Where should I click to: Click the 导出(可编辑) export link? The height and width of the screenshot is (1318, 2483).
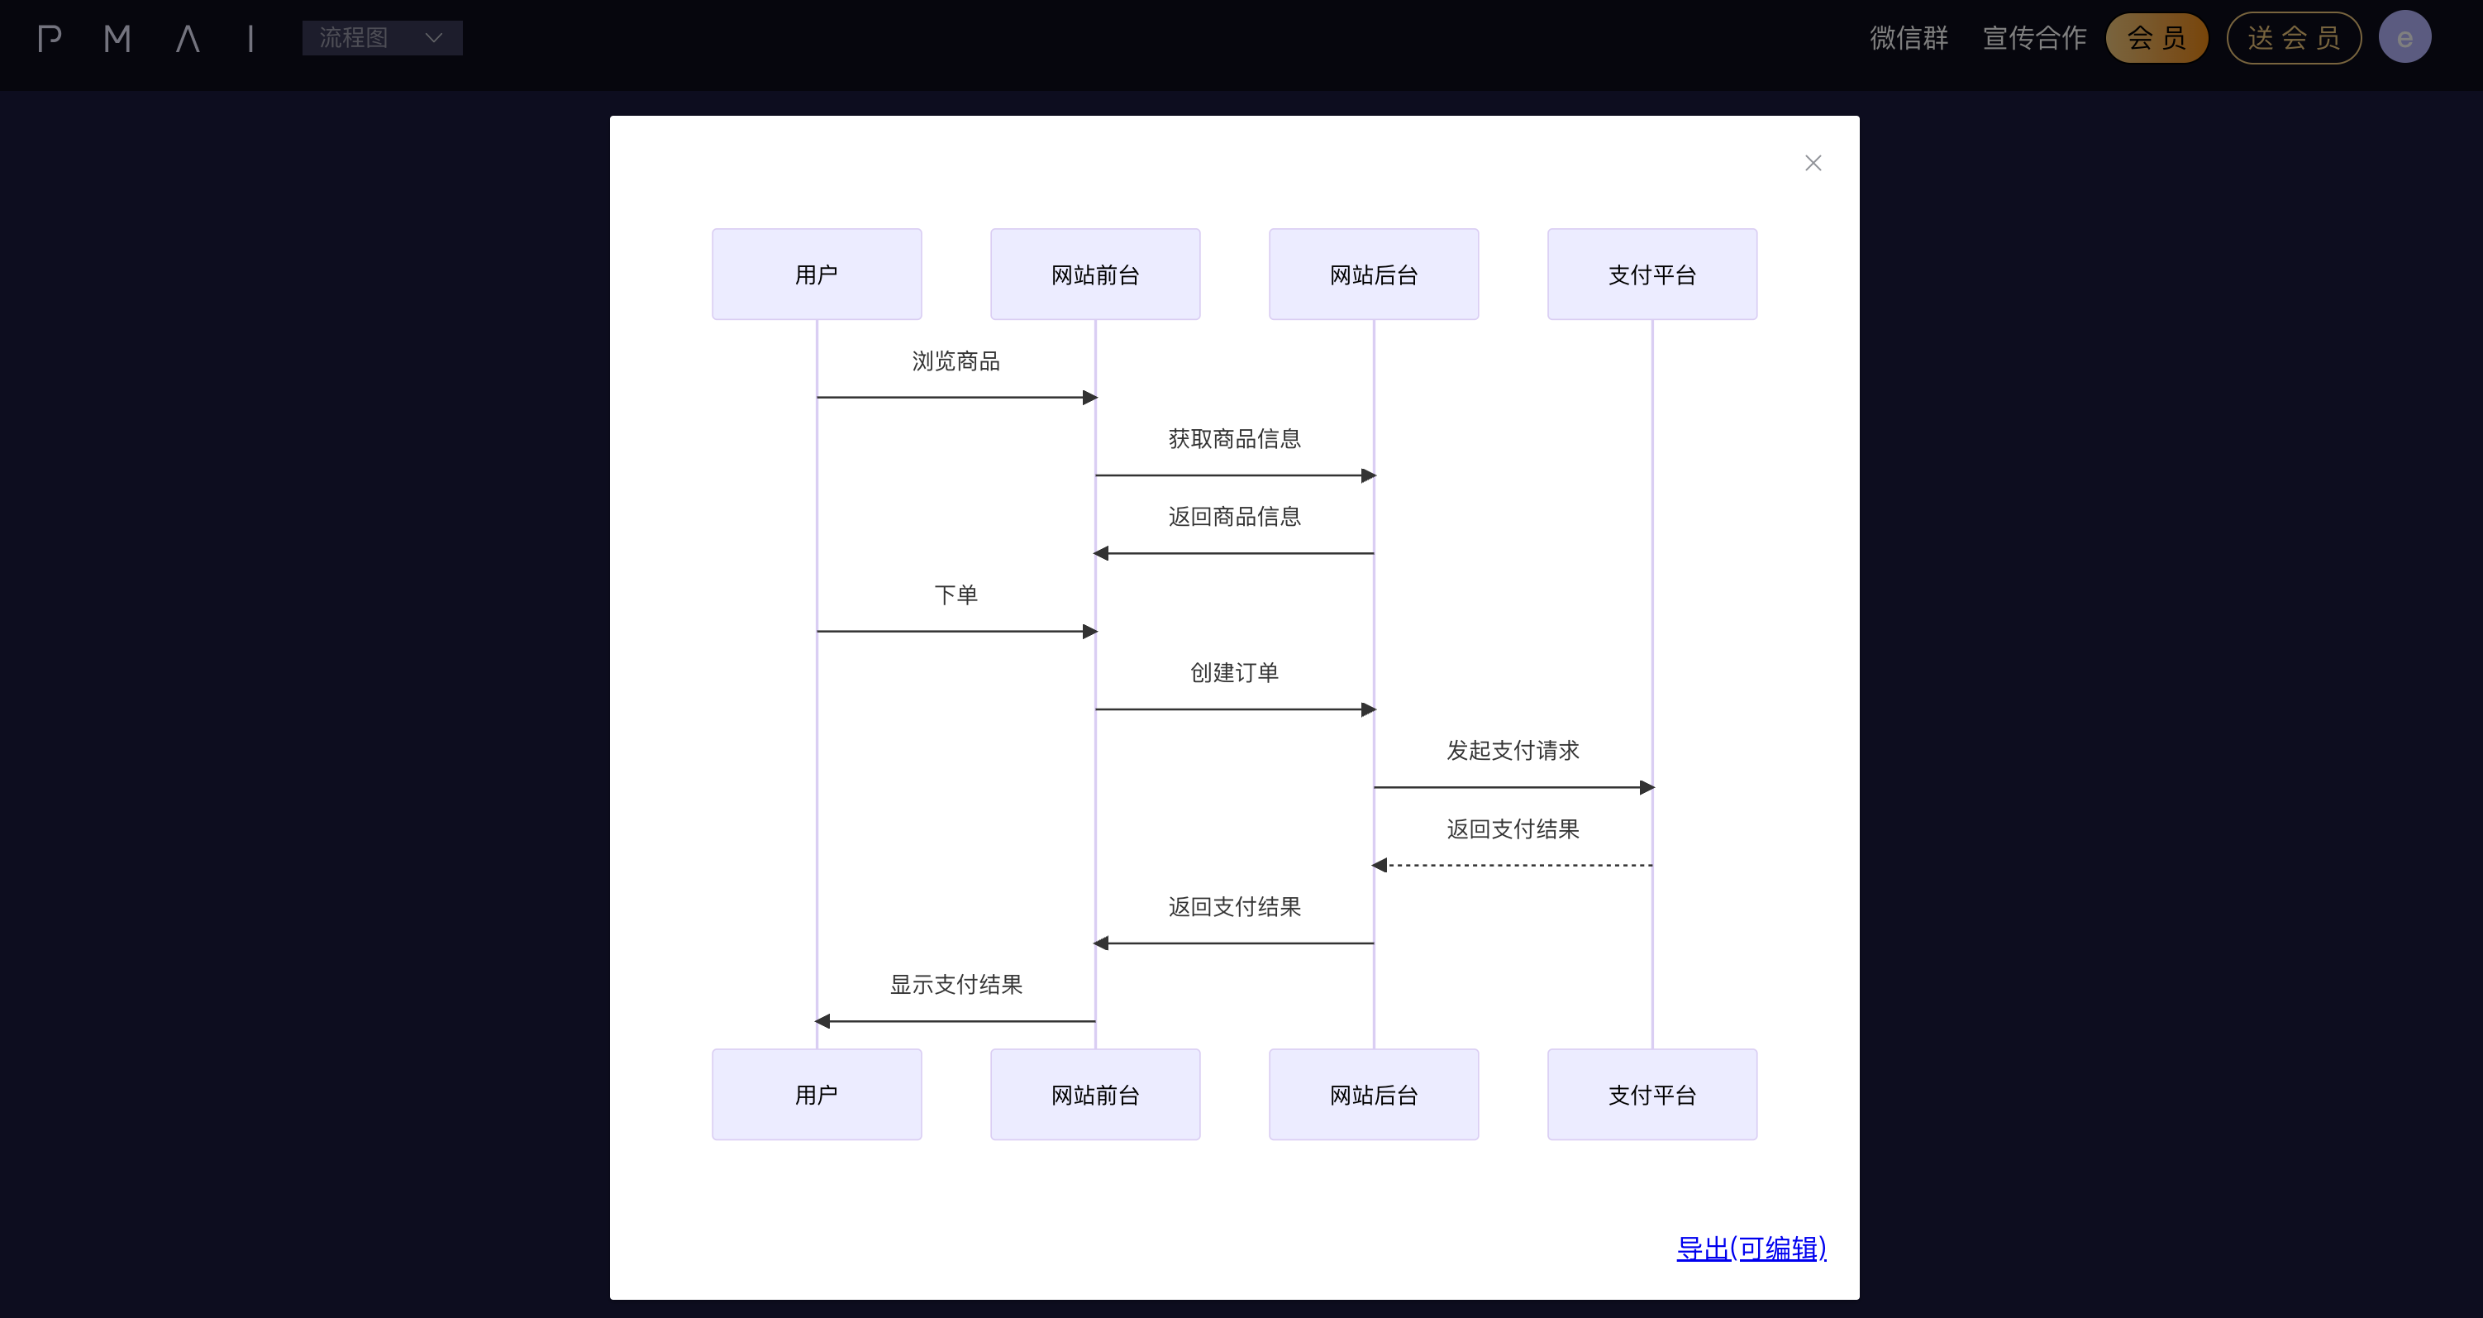point(1751,1249)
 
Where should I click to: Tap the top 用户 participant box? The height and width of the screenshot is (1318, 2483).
point(817,274)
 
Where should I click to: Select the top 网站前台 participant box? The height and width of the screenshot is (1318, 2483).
point(1095,274)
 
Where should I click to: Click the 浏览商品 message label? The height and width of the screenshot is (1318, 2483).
point(956,361)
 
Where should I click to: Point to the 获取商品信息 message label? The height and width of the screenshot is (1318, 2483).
point(1234,439)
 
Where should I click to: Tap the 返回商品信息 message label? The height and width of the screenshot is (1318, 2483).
point(1234,517)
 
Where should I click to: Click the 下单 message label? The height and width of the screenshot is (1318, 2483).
point(956,595)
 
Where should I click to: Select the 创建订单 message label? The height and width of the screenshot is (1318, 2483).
point(1234,673)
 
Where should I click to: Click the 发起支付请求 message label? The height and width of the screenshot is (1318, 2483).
point(1513,750)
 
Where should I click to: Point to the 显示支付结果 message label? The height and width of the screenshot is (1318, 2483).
point(956,985)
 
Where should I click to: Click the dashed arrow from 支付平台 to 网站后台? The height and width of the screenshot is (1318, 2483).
point(1513,865)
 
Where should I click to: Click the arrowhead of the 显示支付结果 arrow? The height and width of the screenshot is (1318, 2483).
point(822,1021)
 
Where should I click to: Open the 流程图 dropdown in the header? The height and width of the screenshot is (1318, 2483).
point(382,37)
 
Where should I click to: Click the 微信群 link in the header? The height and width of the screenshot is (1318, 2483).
point(1909,37)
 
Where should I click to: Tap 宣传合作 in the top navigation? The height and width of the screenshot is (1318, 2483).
point(2034,37)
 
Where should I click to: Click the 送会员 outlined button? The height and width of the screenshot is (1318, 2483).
point(2293,37)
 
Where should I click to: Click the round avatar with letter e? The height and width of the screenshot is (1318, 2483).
point(2404,37)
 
